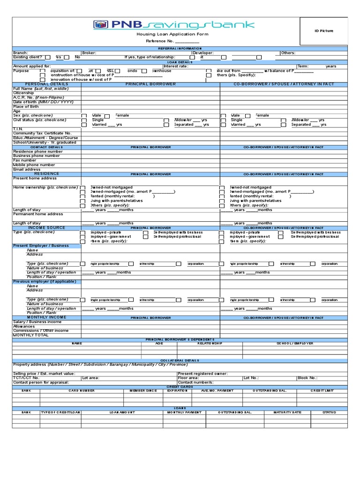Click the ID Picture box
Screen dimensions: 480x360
point(324,31)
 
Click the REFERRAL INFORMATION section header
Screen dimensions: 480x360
point(180,48)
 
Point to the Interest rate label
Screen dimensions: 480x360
point(176,67)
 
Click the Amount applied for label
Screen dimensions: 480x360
point(32,67)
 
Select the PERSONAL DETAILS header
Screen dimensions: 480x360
point(47,84)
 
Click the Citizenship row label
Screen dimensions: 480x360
point(24,93)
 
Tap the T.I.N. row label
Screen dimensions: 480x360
point(18,129)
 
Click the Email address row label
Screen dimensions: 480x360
point(27,169)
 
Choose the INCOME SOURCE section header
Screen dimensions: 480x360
point(47,228)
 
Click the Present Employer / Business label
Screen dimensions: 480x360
point(41,246)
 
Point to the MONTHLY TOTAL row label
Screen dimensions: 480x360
point(31,335)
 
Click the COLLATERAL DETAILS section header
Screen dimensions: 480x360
point(180,360)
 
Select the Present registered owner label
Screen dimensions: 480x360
point(203,374)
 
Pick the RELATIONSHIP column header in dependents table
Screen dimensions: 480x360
point(210,344)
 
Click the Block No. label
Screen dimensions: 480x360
point(307,378)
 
